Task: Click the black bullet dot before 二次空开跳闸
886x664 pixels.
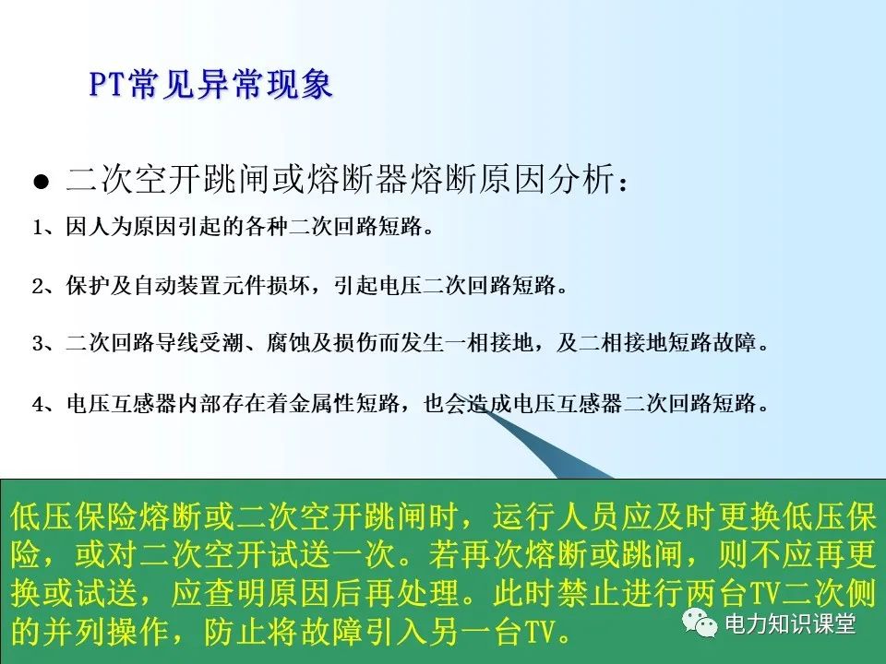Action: click(41, 182)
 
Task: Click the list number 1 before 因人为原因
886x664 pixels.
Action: click(37, 228)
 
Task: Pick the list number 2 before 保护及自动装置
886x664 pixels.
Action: click(37, 286)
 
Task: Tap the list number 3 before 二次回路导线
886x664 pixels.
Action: click(37, 344)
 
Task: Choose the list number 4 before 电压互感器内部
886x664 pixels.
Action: click(37, 403)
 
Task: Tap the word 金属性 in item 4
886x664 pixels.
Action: click(330, 403)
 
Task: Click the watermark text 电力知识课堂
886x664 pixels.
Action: click(789, 624)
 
